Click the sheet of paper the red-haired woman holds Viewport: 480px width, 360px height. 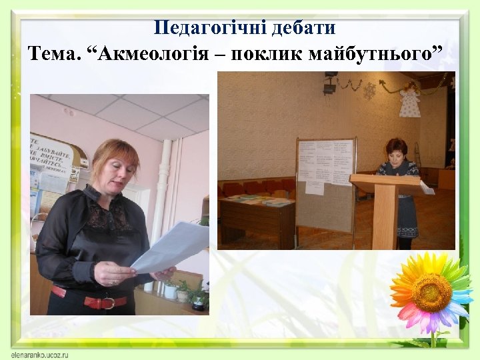pyautogui.click(x=170, y=247)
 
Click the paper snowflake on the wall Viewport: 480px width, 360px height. pyautogui.click(x=369, y=90)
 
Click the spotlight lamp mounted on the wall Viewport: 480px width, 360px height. pyautogui.click(x=329, y=87)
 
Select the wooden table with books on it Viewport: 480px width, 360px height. pyautogui.click(x=257, y=213)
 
